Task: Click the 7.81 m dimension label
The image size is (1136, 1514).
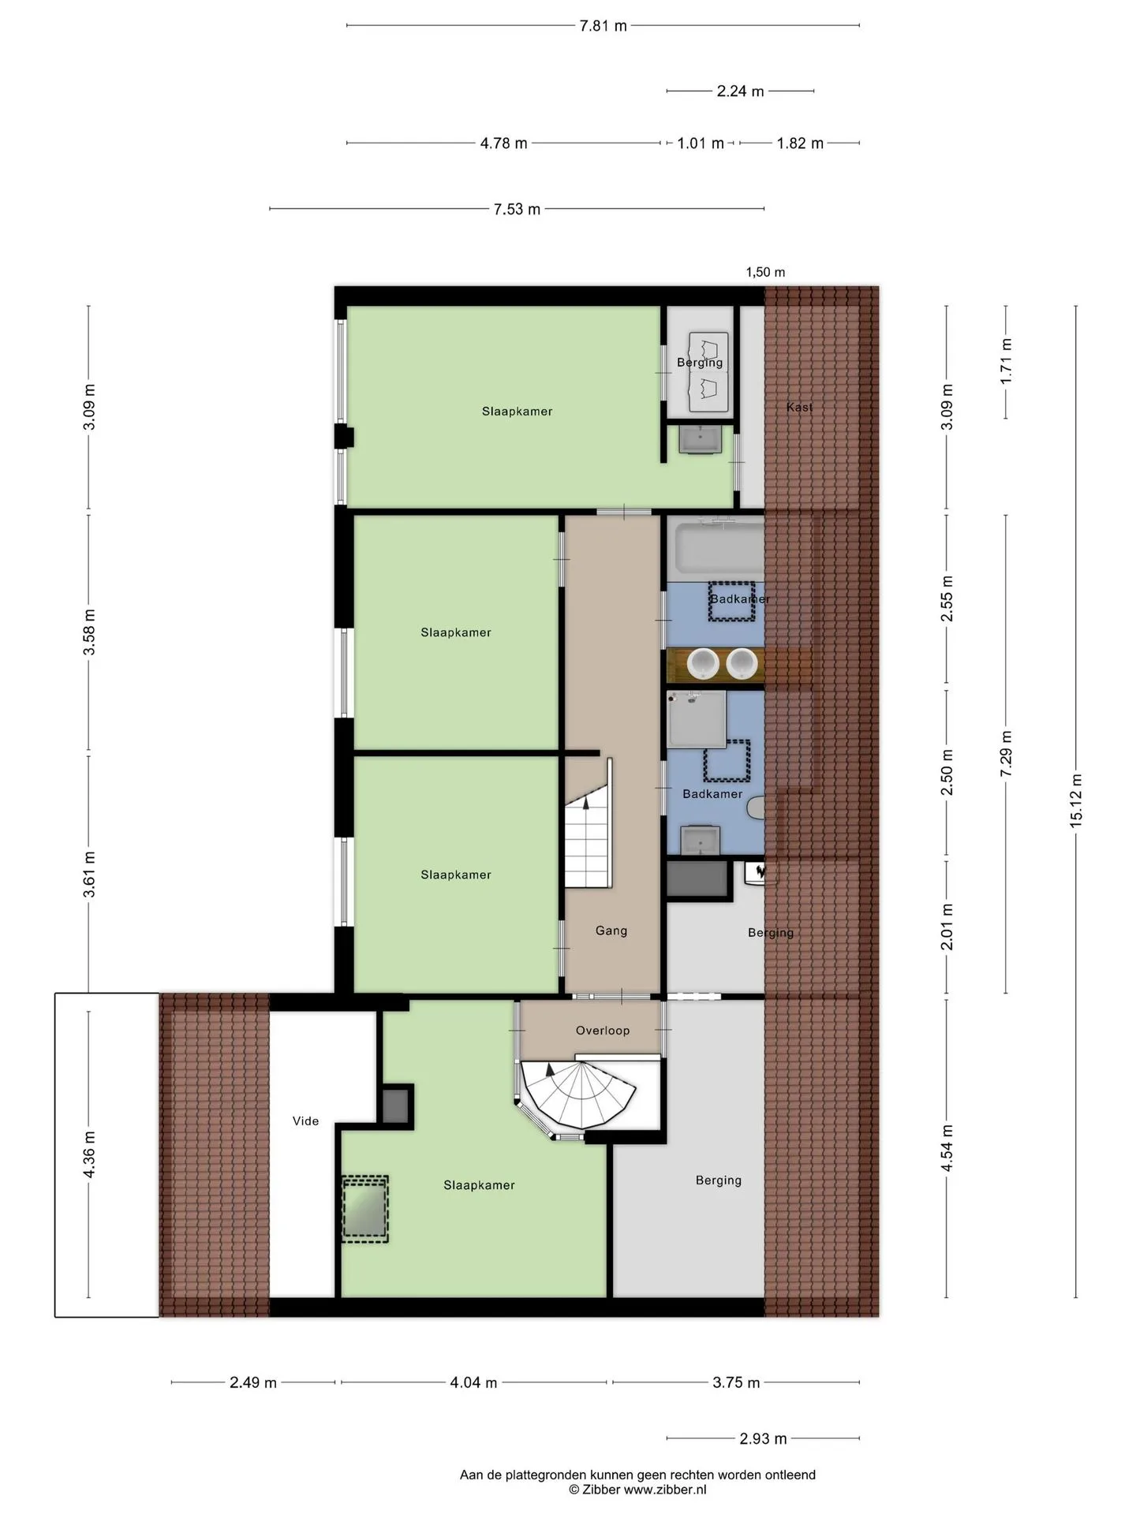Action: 603,26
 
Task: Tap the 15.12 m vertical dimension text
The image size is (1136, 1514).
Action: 1076,800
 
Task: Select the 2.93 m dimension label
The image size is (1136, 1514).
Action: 763,1438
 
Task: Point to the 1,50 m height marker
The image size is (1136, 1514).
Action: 765,272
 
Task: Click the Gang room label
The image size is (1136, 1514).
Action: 611,930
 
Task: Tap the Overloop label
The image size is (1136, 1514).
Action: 603,1031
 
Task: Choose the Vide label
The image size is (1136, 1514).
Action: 305,1121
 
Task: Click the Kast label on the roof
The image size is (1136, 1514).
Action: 799,407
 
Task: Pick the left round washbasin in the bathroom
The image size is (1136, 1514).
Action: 701,664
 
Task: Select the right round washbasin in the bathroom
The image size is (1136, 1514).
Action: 742,664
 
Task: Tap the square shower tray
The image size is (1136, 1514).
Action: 697,719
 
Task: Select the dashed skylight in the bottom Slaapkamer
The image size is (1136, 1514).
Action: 365,1210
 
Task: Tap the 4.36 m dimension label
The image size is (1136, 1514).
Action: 89,1154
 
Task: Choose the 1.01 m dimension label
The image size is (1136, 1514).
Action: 701,144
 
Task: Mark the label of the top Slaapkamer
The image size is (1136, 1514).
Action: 517,411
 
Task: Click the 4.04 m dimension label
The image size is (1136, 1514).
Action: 473,1382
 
